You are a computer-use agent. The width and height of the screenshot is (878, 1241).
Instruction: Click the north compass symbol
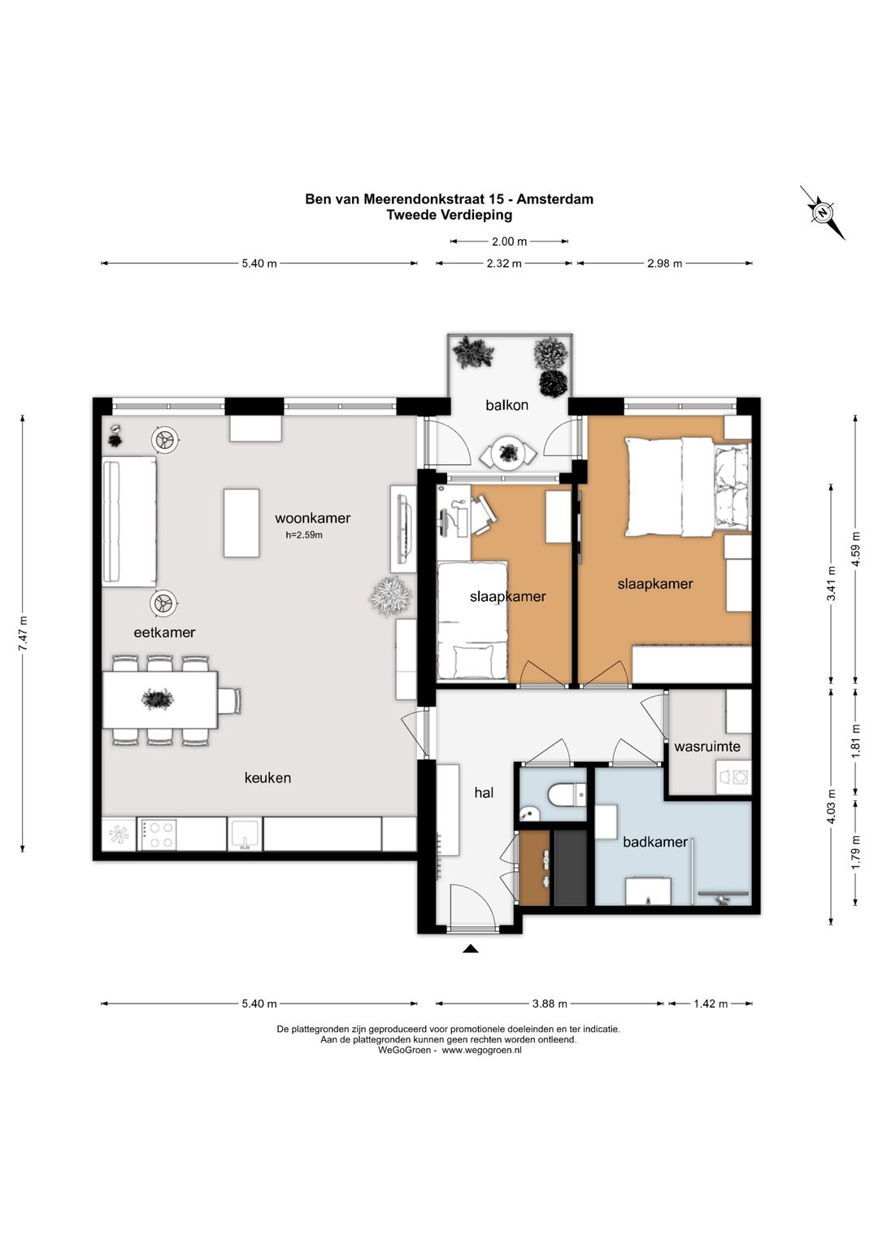(x=824, y=213)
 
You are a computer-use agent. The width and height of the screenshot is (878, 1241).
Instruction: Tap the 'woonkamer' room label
(x=312, y=518)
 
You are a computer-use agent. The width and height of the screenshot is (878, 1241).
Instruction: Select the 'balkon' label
(x=506, y=405)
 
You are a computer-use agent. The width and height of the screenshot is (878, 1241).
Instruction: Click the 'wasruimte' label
(x=706, y=747)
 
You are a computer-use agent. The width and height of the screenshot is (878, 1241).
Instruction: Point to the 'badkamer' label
(x=654, y=843)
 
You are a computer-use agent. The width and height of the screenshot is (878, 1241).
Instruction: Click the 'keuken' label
(x=267, y=777)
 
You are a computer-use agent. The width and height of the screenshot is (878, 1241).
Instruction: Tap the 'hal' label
(x=484, y=793)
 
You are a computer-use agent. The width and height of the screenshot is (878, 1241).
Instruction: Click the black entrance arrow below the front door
(x=470, y=949)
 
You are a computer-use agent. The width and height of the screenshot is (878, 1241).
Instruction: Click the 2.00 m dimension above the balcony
(x=509, y=242)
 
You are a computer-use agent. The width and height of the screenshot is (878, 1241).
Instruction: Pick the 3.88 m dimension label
(x=550, y=1004)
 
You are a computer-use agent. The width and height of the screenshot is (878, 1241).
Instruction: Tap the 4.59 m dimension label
(x=856, y=548)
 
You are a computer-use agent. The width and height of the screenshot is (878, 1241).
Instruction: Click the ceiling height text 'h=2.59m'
(x=303, y=535)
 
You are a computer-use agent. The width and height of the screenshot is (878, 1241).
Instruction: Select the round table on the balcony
(x=507, y=454)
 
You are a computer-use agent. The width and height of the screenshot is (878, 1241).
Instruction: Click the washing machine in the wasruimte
(x=734, y=777)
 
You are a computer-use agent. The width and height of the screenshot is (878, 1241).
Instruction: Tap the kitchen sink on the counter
(x=244, y=835)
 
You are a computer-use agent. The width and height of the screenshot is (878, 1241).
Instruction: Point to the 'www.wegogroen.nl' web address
(x=481, y=1051)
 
